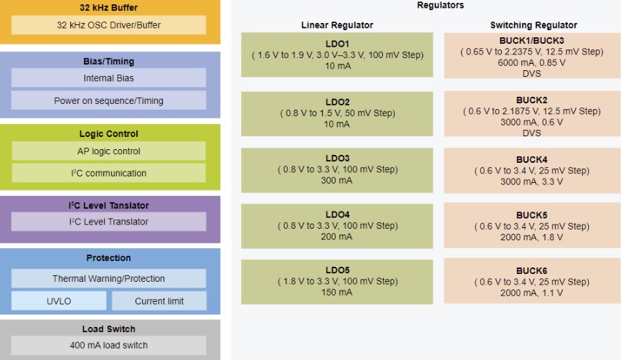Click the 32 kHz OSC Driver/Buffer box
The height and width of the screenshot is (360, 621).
pyautogui.click(x=108, y=25)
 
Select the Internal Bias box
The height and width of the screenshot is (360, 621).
pyautogui.click(x=108, y=78)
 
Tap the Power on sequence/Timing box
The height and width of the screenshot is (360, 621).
pyautogui.click(x=108, y=100)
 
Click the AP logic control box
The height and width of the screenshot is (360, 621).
pyautogui.click(x=108, y=151)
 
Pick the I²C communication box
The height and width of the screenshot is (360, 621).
pyautogui.click(x=108, y=173)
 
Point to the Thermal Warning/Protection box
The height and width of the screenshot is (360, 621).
pyautogui.click(x=108, y=278)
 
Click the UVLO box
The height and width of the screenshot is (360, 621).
pyautogui.click(x=59, y=301)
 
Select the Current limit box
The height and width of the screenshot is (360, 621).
pyautogui.click(x=159, y=301)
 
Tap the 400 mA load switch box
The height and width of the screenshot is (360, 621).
pyautogui.click(x=108, y=345)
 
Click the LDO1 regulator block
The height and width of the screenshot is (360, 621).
pyautogui.click(x=337, y=55)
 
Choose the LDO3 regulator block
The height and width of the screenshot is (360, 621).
pyautogui.click(x=337, y=169)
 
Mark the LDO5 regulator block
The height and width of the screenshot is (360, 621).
pyautogui.click(x=337, y=281)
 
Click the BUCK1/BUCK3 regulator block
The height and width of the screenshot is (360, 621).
pyautogui.click(x=531, y=56)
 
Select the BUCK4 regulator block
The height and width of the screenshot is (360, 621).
pyautogui.click(x=531, y=170)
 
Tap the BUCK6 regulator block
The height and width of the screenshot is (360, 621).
pyautogui.click(x=531, y=281)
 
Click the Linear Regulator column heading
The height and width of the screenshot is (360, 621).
pyautogui.click(x=337, y=25)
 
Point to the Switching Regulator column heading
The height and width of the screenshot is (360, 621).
pyautogui.click(x=533, y=25)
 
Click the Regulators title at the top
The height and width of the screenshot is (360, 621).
pyautogui.click(x=440, y=6)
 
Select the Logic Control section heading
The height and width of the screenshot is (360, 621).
pyautogui.click(x=108, y=133)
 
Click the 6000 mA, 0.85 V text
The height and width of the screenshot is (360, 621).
pyautogui.click(x=531, y=62)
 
